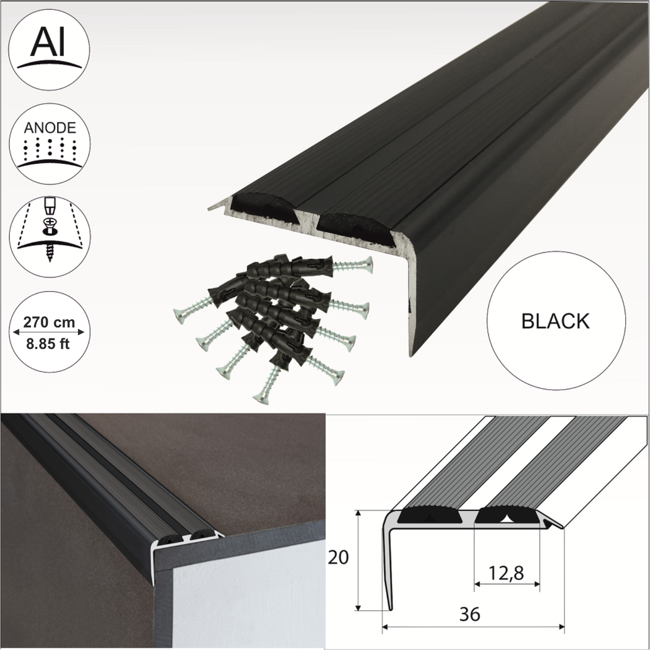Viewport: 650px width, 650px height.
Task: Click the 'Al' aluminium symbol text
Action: point(49,43)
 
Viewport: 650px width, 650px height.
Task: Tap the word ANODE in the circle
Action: point(49,128)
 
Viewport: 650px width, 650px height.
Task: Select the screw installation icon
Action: point(49,235)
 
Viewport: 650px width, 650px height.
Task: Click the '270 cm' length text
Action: point(49,322)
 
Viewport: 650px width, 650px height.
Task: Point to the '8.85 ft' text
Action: point(48,344)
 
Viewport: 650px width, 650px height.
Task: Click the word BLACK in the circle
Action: point(556,321)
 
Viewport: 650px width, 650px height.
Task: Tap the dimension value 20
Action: point(338,558)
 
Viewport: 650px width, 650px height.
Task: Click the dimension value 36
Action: point(470,614)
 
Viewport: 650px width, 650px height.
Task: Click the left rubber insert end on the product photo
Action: point(261,215)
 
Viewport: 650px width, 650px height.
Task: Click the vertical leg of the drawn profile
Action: point(387,571)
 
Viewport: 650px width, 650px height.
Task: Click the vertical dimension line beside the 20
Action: point(359,560)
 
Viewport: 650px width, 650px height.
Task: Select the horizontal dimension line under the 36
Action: point(472,627)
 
